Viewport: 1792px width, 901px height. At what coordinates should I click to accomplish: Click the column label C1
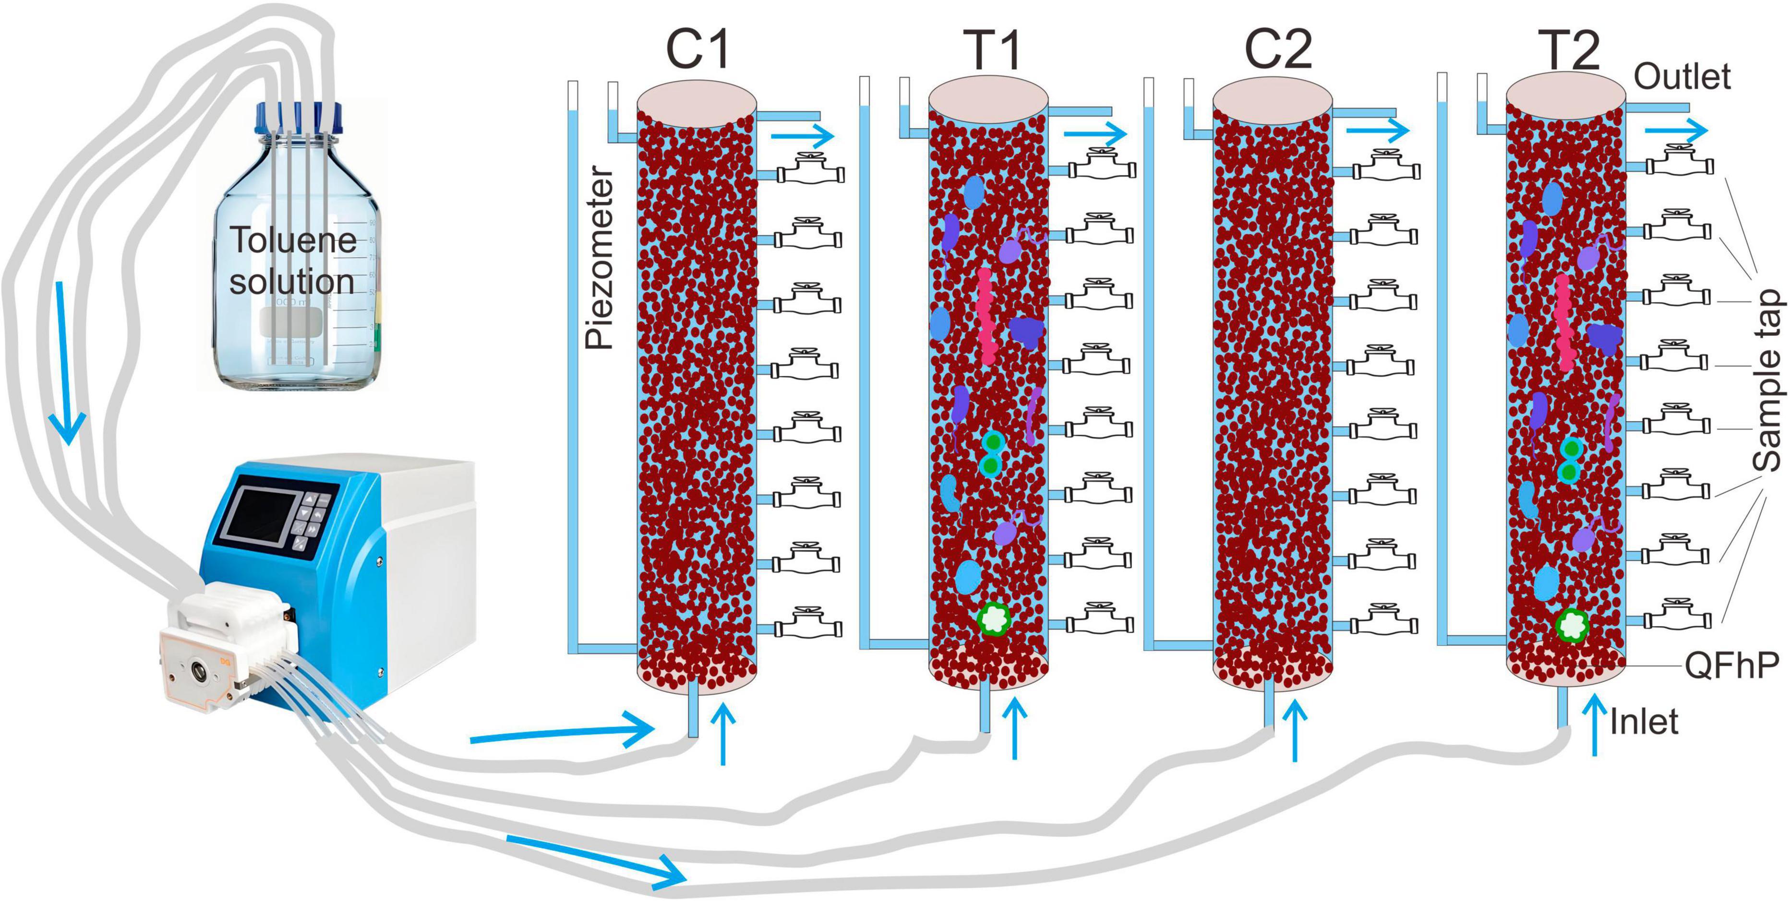click(698, 50)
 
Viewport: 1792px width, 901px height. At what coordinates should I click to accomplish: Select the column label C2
click(1278, 50)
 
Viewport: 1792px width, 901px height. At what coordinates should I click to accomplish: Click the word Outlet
click(1682, 76)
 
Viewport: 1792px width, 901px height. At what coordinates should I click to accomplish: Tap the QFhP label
click(1731, 666)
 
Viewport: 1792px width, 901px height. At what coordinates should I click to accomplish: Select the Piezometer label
click(600, 257)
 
